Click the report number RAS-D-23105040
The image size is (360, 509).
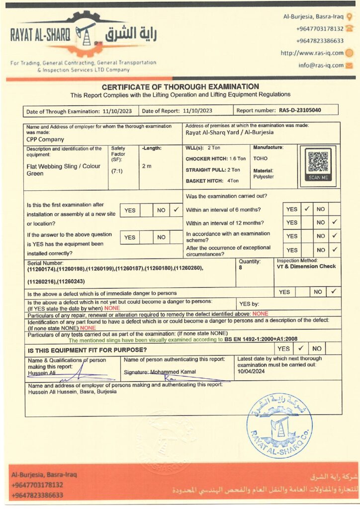300,110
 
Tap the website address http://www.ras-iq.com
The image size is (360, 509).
312,53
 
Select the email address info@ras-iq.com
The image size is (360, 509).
321,65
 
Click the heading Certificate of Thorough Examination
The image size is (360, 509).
180,87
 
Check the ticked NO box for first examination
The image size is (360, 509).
177,210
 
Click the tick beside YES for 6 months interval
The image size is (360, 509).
307,209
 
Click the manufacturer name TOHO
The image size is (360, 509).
260,159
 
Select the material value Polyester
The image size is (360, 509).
264,176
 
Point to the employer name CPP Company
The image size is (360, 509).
45,140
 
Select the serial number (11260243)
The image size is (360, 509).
73,282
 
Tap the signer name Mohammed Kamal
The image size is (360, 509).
176,372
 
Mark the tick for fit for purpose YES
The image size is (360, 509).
300,348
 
